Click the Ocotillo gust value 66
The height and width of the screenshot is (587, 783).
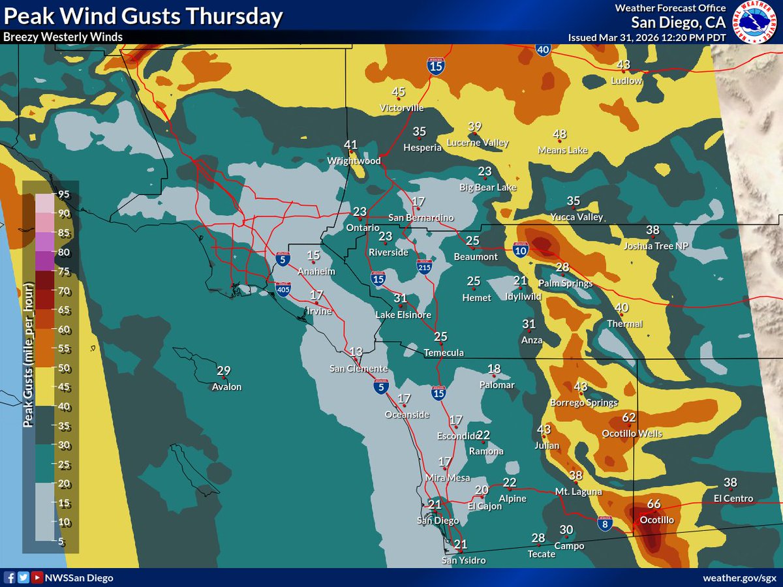654,504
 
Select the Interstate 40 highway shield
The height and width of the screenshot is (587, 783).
544,49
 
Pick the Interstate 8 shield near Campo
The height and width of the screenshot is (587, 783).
605,523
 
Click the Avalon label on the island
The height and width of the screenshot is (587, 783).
226,387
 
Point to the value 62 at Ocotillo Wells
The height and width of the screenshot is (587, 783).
629,417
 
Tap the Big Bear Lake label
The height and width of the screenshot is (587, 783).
488,188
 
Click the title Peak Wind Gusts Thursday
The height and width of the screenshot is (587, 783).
143,17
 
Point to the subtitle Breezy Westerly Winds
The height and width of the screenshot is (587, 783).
63,37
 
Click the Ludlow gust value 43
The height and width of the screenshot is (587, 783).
624,65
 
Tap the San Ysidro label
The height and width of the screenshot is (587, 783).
463,560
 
